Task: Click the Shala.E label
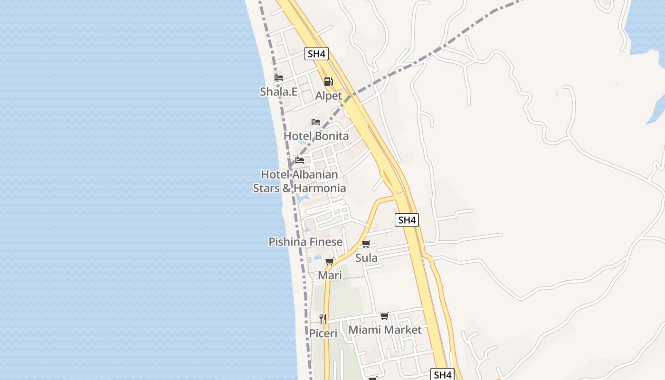pyautogui.click(x=278, y=92)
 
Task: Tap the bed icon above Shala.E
pyautogui.click(x=279, y=78)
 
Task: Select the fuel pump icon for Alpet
pyautogui.click(x=328, y=82)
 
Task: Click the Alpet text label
pyautogui.click(x=328, y=96)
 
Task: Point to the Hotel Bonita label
pyautogui.click(x=316, y=136)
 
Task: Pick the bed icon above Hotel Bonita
pyautogui.click(x=316, y=122)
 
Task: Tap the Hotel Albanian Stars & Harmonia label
pyautogui.click(x=299, y=181)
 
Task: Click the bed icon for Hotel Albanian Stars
pyautogui.click(x=300, y=161)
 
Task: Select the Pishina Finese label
pyautogui.click(x=305, y=242)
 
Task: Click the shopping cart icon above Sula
pyautogui.click(x=366, y=244)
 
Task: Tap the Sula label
pyautogui.click(x=366, y=258)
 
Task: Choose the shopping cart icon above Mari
pyautogui.click(x=330, y=262)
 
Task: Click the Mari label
pyautogui.click(x=330, y=275)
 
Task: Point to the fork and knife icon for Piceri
pyautogui.click(x=323, y=319)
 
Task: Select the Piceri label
pyautogui.click(x=323, y=333)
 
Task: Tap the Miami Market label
pyautogui.click(x=385, y=330)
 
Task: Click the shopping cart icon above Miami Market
pyautogui.click(x=385, y=316)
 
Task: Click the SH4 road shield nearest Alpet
pyautogui.click(x=316, y=54)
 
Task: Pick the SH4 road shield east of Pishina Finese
pyautogui.click(x=407, y=220)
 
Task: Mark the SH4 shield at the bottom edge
pyautogui.click(x=443, y=374)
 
